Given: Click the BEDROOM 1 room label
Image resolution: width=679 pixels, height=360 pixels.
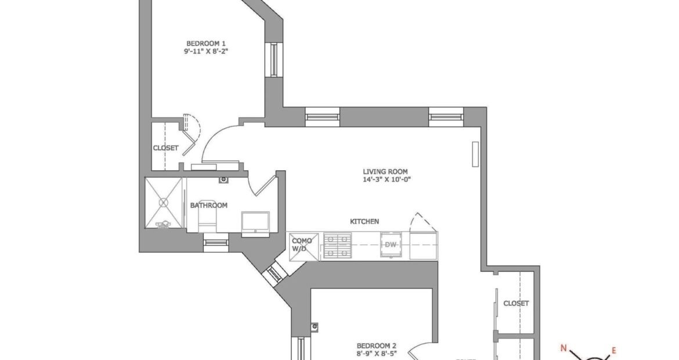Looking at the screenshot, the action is pyautogui.click(x=205, y=44).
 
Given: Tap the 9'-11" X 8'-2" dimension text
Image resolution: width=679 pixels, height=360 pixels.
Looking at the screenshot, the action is pyautogui.click(x=205, y=51).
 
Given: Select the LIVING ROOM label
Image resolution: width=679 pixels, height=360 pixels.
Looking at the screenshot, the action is pyautogui.click(x=385, y=171).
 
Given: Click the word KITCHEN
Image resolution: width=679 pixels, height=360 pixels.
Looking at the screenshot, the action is pyautogui.click(x=364, y=221).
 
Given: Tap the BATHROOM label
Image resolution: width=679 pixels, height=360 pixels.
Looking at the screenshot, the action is pyautogui.click(x=209, y=206).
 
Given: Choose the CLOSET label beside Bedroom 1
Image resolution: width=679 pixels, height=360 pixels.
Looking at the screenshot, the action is pyautogui.click(x=165, y=148).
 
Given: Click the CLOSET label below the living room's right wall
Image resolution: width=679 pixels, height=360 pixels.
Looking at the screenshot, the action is pyautogui.click(x=516, y=304).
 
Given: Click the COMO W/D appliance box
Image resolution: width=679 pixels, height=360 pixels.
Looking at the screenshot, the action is pyautogui.click(x=304, y=247).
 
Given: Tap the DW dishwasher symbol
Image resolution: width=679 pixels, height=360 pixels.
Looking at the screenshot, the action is pyautogui.click(x=391, y=245).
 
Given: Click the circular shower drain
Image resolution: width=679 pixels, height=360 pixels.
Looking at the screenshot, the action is pyautogui.click(x=163, y=202).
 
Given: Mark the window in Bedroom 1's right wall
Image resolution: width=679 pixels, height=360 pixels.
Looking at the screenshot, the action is pyautogui.click(x=274, y=59).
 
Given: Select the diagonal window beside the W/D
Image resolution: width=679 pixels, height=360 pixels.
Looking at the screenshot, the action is pyautogui.click(x=275, y=274).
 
